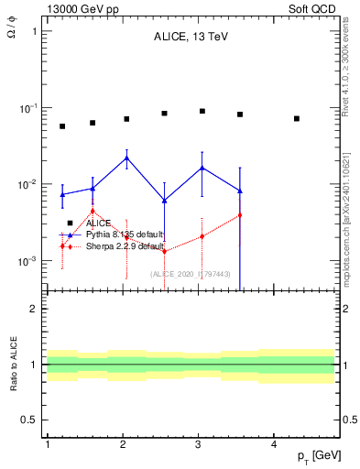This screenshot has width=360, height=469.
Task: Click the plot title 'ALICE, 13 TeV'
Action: (191, 38)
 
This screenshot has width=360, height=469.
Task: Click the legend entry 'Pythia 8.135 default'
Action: (124, 234)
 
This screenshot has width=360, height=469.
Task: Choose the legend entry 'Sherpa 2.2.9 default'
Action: (125, 246)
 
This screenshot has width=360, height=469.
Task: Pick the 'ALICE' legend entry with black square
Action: (98, 223)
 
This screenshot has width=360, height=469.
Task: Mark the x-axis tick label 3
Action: (199, 443)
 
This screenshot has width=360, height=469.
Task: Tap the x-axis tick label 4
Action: (275, 443)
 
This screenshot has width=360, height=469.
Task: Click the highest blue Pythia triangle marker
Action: (126, 158)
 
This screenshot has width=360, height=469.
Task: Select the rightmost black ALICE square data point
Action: (297, 118)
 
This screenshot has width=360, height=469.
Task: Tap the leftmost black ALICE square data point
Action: (62, 126)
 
